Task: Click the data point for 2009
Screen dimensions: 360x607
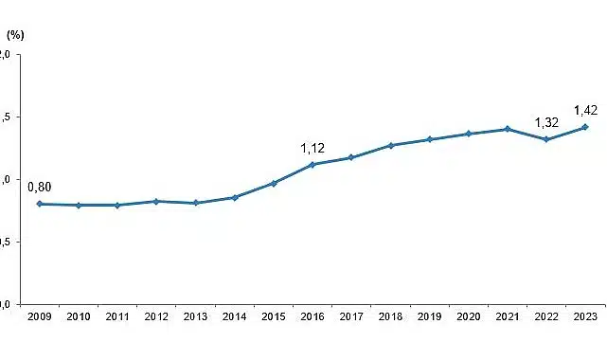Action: point(39,204)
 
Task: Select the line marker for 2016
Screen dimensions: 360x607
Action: point(312,165)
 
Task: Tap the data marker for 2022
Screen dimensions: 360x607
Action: point(546,139)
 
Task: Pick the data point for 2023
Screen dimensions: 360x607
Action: point(585,127)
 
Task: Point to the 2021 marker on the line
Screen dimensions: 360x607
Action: point(507,129)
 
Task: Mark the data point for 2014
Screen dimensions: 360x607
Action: point(234,197)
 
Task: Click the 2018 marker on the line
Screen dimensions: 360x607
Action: point(390,146)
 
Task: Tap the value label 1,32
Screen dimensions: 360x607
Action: point(546,122)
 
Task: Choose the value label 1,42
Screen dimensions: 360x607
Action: point(586,110)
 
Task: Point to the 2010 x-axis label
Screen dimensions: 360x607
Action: point(79,315)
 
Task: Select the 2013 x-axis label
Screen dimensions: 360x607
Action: point(195,315)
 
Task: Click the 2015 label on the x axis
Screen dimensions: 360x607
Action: point(273,315)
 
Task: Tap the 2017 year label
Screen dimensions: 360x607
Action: point(351,315)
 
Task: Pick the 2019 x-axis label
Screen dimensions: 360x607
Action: point(429,315)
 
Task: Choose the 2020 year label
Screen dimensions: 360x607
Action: point(468,315)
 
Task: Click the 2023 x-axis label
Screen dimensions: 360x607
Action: point(585,315)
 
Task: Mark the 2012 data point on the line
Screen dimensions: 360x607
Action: point(156,201)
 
